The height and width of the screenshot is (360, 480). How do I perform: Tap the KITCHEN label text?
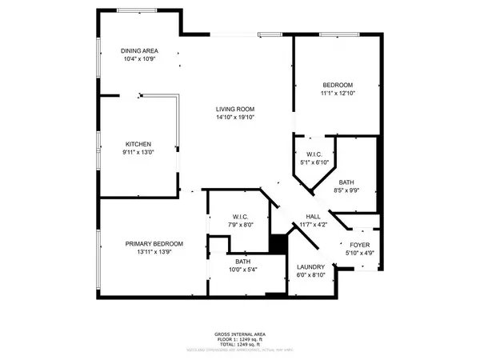(x=138, y=144)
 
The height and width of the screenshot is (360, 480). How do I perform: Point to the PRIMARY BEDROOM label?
(x=154, y=244)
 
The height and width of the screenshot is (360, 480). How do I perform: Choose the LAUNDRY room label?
(x=310, y=267)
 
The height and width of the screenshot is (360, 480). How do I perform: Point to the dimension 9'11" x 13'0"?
(x=138, y=152)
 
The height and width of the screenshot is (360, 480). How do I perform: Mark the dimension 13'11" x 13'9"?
(x=154, y=252)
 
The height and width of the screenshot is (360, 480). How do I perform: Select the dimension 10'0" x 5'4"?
(x=243, y=270)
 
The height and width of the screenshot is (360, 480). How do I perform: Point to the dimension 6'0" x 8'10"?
(x=310, y=275)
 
